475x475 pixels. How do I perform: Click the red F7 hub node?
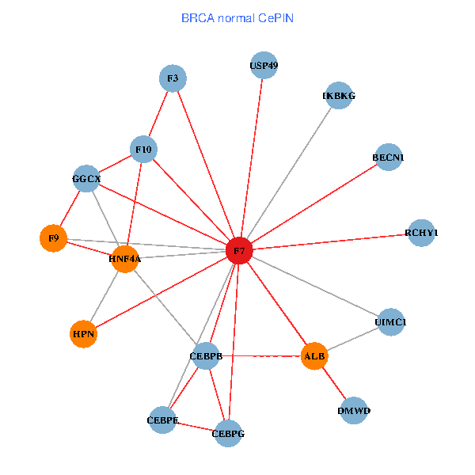(x=239, y=251)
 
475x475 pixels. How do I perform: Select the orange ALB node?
(x=314, y=356)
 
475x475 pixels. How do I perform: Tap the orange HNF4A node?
(x=125, y=259)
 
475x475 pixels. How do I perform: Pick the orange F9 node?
(x=53, y=237)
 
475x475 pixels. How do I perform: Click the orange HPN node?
(x=84, y=334)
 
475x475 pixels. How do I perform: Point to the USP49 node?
(x=264, y=66)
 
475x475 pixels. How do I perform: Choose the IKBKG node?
(x=339, y=96)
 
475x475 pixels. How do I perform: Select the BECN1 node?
(x=388, y=158)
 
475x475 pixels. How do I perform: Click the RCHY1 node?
(x=421, y=233)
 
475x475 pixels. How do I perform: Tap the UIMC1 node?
(x=390, y=321)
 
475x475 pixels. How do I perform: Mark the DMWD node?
(x=353, y=411)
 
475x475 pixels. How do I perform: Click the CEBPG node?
(x=228, y=433)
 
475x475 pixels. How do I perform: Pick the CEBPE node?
(x=162, y=419)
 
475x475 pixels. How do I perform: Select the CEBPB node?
(x=206, y=355)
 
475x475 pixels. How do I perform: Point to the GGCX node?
(x=86, y=179)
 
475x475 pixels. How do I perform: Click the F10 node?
(x=144, y=149)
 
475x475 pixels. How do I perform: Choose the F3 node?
(x=173, y=78)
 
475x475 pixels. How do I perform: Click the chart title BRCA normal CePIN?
(x=237, y=17)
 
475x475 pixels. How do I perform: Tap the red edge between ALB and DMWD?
(x=334, y=384)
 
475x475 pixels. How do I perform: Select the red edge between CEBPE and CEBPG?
(x=195, y=426)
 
